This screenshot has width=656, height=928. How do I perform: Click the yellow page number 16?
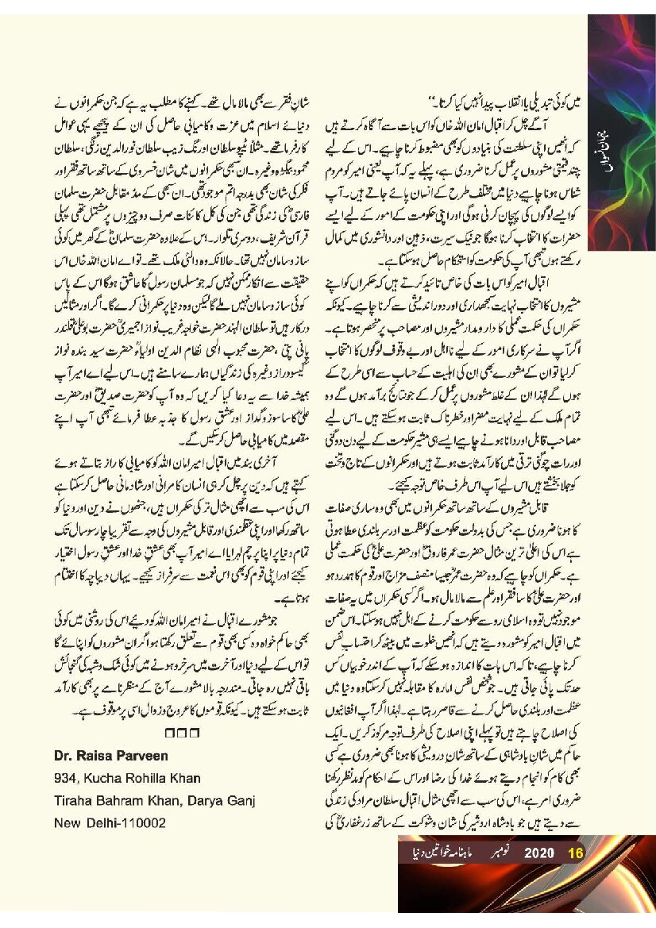(577, 853)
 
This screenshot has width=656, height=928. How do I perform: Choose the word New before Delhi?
(68, 823)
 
